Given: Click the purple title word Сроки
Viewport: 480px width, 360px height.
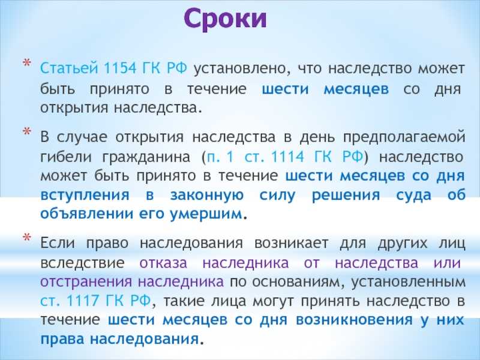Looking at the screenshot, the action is point(226,19).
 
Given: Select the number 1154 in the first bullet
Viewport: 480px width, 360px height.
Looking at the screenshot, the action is point(120,68).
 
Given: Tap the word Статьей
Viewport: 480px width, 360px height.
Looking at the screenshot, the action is point(69,68).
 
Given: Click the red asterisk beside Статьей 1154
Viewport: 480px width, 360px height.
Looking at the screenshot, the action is point(26,63).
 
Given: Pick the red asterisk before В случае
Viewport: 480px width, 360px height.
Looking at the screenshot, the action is point(26,131).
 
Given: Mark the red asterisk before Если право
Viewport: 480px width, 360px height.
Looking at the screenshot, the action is point(26,237).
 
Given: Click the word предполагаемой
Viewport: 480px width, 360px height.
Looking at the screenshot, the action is point(404,138).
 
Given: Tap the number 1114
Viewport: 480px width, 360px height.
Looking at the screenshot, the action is point(287,157).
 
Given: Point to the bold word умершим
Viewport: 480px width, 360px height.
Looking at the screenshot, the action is point(206,214).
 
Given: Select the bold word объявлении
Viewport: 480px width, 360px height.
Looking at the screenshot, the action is point(87,214).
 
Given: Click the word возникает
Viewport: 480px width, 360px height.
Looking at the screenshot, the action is point(291,244).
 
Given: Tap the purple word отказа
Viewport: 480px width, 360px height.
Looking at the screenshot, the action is point(163,263).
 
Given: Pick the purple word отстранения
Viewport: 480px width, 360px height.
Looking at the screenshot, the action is point(86,282).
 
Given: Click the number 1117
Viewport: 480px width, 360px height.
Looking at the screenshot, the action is point(82,301).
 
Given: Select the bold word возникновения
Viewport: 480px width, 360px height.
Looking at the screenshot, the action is point(354,320).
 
